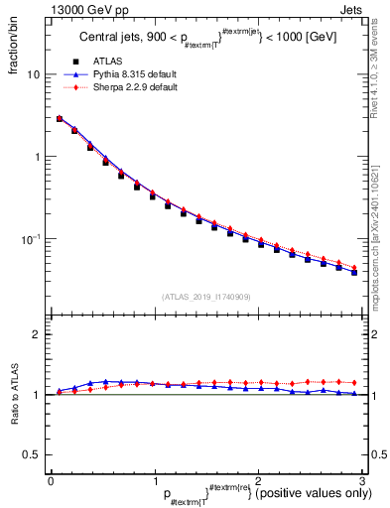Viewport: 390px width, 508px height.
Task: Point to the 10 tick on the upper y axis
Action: [33, 74]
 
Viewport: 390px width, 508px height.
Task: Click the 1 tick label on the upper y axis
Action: [36, 157]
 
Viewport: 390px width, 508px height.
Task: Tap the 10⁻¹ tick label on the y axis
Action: [31, 238]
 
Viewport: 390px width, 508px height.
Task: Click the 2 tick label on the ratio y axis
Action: [36, 334]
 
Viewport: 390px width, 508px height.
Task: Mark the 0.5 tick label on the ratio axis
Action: [31, 454]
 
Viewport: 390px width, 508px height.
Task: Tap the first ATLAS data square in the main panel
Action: [60, 119]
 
